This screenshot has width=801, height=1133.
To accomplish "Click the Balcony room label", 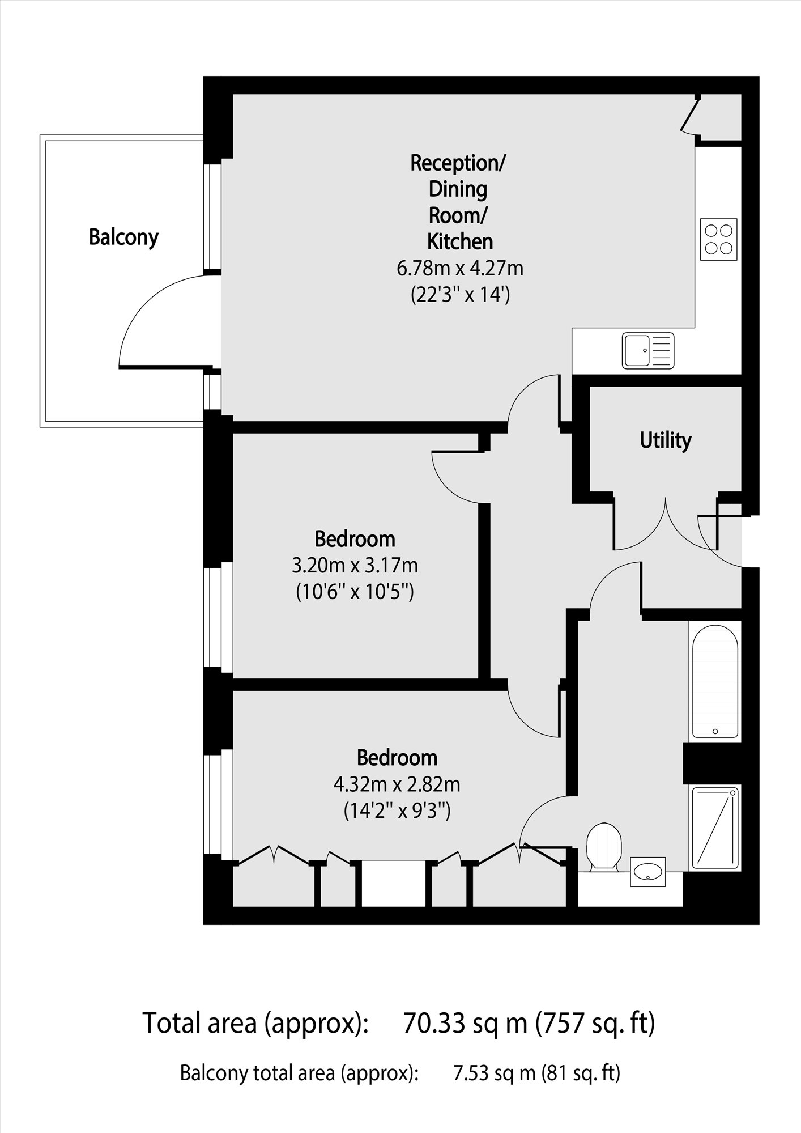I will [x=123, y=237].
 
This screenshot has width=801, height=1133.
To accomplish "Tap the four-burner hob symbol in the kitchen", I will [x=718, y=239].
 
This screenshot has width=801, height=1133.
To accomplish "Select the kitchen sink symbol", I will [x=648, y=350].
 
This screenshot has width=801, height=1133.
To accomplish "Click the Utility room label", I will [x=665, y=440].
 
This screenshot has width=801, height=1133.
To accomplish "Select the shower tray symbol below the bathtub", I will [x=715, y=828].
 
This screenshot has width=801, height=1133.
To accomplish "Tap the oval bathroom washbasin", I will [x=647, y=871].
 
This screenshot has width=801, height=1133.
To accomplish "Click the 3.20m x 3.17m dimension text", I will [x=355, y=565].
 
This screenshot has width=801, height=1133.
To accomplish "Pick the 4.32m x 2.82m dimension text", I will [x=397, y=784].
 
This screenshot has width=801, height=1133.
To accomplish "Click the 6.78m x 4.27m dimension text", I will [x=459, y=268].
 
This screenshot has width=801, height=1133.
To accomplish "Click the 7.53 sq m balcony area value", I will [x=494, y=1073].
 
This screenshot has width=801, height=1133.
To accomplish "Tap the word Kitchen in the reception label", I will [x=459, y=241].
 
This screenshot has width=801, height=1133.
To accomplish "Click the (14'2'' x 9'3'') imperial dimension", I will [x=397, y=811].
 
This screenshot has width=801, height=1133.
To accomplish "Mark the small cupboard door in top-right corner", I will [x=691, y=117].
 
